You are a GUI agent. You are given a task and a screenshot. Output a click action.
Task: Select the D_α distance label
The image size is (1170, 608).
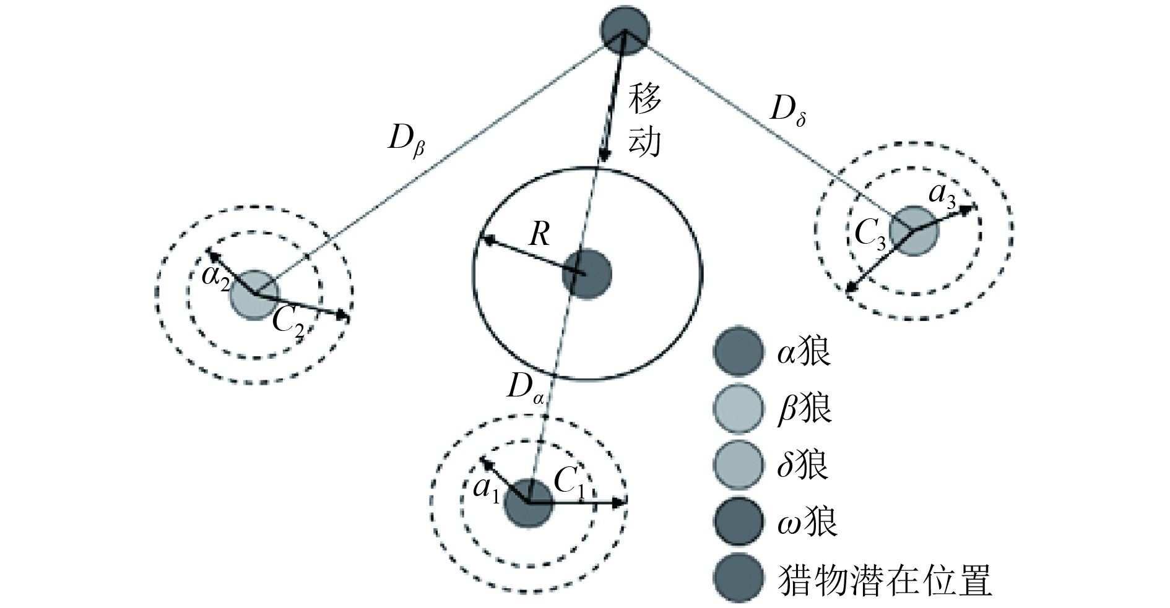525,390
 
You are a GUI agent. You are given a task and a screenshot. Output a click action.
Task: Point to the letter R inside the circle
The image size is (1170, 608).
539,235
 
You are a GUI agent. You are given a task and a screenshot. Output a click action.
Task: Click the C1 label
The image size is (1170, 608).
570,483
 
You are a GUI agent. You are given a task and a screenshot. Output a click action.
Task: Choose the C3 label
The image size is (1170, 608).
870,236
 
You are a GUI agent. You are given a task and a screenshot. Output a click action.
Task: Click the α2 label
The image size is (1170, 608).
216,275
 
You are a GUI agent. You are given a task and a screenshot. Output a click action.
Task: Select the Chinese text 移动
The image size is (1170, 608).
644,120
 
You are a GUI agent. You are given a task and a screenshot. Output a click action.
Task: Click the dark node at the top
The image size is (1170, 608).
625,30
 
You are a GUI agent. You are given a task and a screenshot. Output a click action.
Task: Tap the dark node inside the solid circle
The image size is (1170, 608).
586,275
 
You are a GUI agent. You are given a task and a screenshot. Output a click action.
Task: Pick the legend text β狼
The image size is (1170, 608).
804,409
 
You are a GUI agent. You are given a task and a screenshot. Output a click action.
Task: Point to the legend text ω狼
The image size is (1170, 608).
807,521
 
